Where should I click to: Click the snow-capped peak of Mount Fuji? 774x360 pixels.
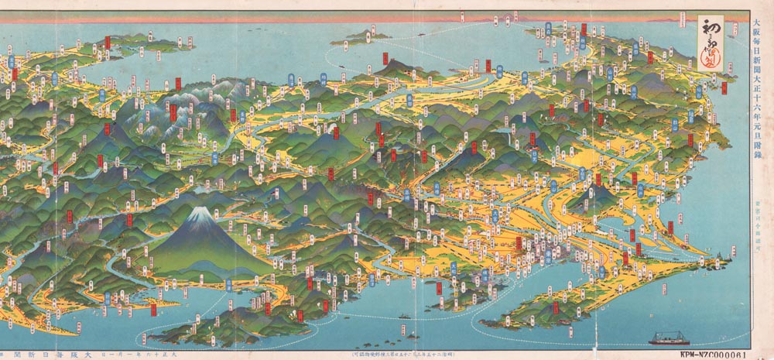200,214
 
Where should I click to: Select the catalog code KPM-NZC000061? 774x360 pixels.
707,353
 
